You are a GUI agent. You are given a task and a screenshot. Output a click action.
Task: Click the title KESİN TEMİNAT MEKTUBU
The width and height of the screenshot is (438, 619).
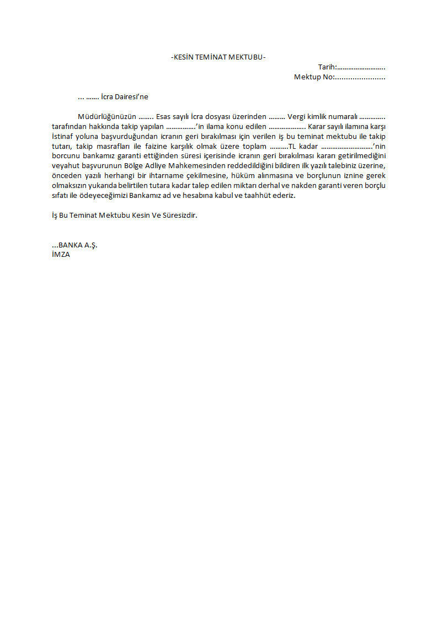pos(218,57)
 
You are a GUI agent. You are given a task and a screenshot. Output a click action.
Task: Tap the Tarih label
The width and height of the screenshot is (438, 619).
pos(327,67)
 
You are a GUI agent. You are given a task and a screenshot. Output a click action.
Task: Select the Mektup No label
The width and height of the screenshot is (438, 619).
pos(313,77)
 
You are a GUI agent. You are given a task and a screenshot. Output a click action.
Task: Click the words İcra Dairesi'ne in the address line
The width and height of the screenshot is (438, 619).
pos(125,97)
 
